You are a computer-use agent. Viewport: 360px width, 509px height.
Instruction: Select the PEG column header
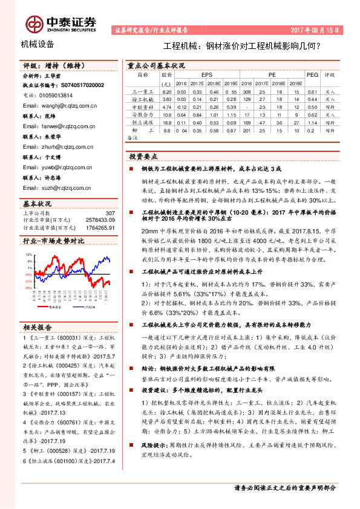tap(312, 75)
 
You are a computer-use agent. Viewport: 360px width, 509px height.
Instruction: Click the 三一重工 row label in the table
tap(142, 91)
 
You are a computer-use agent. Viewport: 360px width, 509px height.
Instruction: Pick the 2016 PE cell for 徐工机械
tap(246, 99)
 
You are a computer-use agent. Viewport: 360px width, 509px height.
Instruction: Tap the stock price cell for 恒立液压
tap(168, 122)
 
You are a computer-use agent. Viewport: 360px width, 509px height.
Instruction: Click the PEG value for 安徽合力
tap(312, 114)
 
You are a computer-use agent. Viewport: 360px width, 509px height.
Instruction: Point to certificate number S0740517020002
tap(79, 85)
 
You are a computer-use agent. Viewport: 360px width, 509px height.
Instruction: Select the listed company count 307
tap(110, 213)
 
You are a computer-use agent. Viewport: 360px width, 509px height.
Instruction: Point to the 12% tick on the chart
tap(28, 255)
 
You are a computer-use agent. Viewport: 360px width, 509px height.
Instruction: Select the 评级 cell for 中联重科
tap(330, 106)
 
